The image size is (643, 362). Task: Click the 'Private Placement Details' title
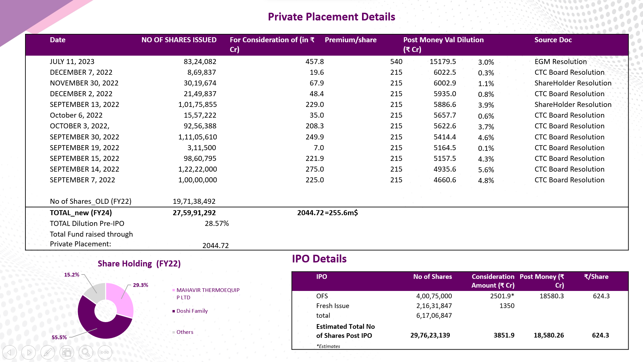coord(332,17)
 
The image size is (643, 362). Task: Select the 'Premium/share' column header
coord(351,40)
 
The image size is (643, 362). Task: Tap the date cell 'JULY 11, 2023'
coord(72,62)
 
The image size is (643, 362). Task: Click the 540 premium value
coord(396,62)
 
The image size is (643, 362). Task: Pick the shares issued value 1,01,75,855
coord(198,105)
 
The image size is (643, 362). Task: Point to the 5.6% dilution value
coord(486,170)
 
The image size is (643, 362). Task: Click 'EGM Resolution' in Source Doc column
coord(561,62)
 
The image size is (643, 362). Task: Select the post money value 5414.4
coord(445,137)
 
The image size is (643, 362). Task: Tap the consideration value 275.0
coord(314,169)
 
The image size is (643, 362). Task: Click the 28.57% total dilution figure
coord(217,224)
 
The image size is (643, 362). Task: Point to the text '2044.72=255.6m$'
coord(328,213)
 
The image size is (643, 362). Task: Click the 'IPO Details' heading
coord(319,259)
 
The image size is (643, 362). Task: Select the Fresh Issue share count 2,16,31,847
coord(434,306)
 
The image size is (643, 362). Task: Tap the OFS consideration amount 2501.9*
coord(502,296)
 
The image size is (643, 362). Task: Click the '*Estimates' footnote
coord(328,346)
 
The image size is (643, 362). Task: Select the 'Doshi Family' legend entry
coord(192,311)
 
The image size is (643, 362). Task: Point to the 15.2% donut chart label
coord(72,275)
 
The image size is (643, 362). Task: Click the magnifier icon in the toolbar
coord(86,352)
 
